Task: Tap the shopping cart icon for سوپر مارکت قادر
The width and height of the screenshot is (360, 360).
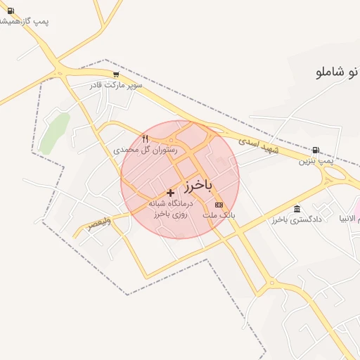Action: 116,74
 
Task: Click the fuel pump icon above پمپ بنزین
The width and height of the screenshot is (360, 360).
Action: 315,150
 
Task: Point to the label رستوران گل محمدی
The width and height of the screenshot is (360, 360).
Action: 146,150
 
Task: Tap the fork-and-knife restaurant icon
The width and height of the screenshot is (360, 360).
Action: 146,139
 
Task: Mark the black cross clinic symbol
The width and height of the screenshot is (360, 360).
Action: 170,192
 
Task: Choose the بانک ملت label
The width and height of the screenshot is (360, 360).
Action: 218,215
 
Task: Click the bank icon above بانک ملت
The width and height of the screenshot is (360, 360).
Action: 219,205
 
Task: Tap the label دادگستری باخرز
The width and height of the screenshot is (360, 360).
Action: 297,220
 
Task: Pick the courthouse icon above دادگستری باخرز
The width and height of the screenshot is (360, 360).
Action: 297,210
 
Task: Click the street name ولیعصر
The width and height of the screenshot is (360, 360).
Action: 99,224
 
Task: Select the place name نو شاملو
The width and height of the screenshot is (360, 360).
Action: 334,72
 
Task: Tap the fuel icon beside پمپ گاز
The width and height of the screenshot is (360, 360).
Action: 9,11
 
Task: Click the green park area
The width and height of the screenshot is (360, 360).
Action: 54,132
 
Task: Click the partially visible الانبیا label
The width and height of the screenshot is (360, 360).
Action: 349,219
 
